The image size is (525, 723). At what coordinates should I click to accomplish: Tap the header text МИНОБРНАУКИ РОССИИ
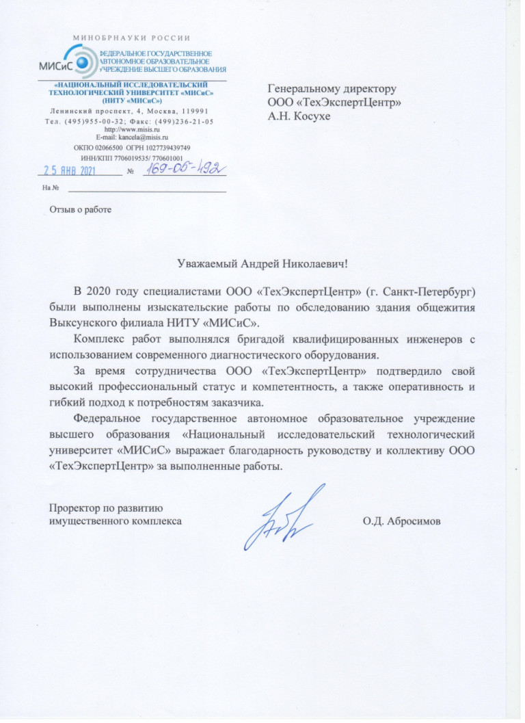(131, 38)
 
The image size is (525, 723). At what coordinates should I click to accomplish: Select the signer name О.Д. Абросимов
(403, 522)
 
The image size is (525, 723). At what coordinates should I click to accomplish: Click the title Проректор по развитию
(104, 508)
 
